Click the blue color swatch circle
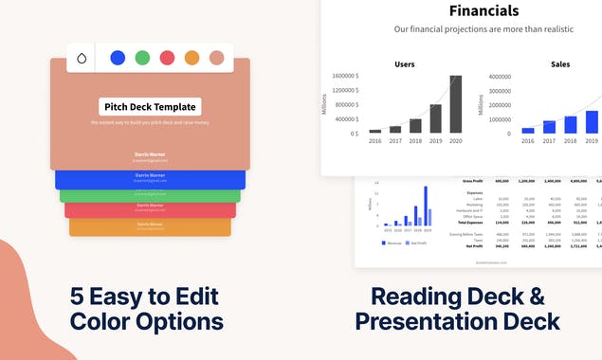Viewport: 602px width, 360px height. (x=118, y=58)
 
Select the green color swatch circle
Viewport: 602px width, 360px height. (x=142, y=58)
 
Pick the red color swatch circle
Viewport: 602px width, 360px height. (x=167, y=58)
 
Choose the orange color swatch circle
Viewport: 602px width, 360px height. (x=192, y=58)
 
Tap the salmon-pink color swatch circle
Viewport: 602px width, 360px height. (x=216, y=58)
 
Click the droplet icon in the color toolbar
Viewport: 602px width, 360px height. (x=82, y=59)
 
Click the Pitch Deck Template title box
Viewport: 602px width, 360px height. (x=150, y=107)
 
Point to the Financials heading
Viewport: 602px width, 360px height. (x=483, y=11)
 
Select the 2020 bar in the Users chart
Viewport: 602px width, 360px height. (x=456, y=104)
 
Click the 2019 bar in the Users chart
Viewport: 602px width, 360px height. (x=435, y=118)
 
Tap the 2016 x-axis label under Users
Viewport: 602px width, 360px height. (x=374, y=141)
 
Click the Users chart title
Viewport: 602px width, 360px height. (x=404, y=64)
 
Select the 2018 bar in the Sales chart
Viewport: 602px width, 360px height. (x=571, y=124)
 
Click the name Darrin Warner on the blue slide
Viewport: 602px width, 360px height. (x=150, y=175)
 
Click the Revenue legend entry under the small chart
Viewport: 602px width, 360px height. (x=393, y=243)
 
